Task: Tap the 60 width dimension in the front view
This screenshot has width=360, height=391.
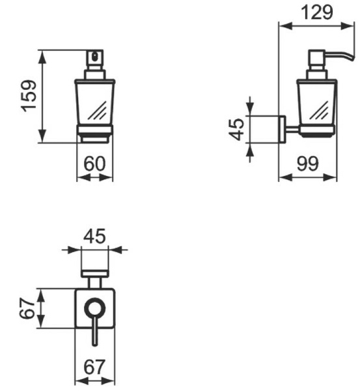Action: pos(94,164)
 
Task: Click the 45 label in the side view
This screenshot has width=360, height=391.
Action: pos(237,128)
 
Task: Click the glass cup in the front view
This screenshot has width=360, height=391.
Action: pos(94,101)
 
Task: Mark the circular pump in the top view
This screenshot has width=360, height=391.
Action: pos(95,308)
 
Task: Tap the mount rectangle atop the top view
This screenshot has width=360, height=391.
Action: pos(95,268)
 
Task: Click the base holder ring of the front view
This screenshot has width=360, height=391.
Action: pos(94,134)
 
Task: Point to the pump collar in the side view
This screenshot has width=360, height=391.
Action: pos(316,73)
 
